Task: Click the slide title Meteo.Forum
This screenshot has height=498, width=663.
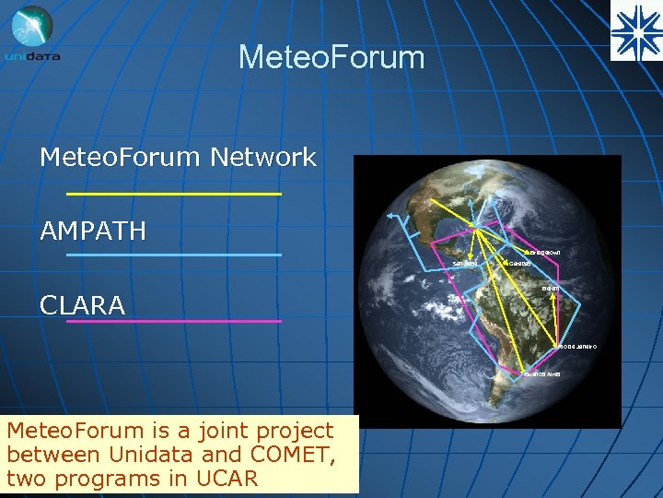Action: [x=331, y=57]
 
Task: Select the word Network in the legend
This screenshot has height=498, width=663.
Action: [x=263, y=158]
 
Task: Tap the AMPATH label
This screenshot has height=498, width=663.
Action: [x=93, y=231]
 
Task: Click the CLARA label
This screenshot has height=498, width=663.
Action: [x=82, y=305]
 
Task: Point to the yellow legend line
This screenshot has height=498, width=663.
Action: [x=174, y=195]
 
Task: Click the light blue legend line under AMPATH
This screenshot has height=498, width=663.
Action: [x=174, y=255]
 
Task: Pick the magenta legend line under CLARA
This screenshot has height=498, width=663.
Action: [x=174, y=321]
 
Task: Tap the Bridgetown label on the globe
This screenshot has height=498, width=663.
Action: [x=542, y=252]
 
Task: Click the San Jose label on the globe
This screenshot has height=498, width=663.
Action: [x=465, y=265]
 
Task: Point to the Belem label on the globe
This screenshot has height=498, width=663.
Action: [x=551, y=289]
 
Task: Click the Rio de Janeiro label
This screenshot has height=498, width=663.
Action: [x=577, y=346]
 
